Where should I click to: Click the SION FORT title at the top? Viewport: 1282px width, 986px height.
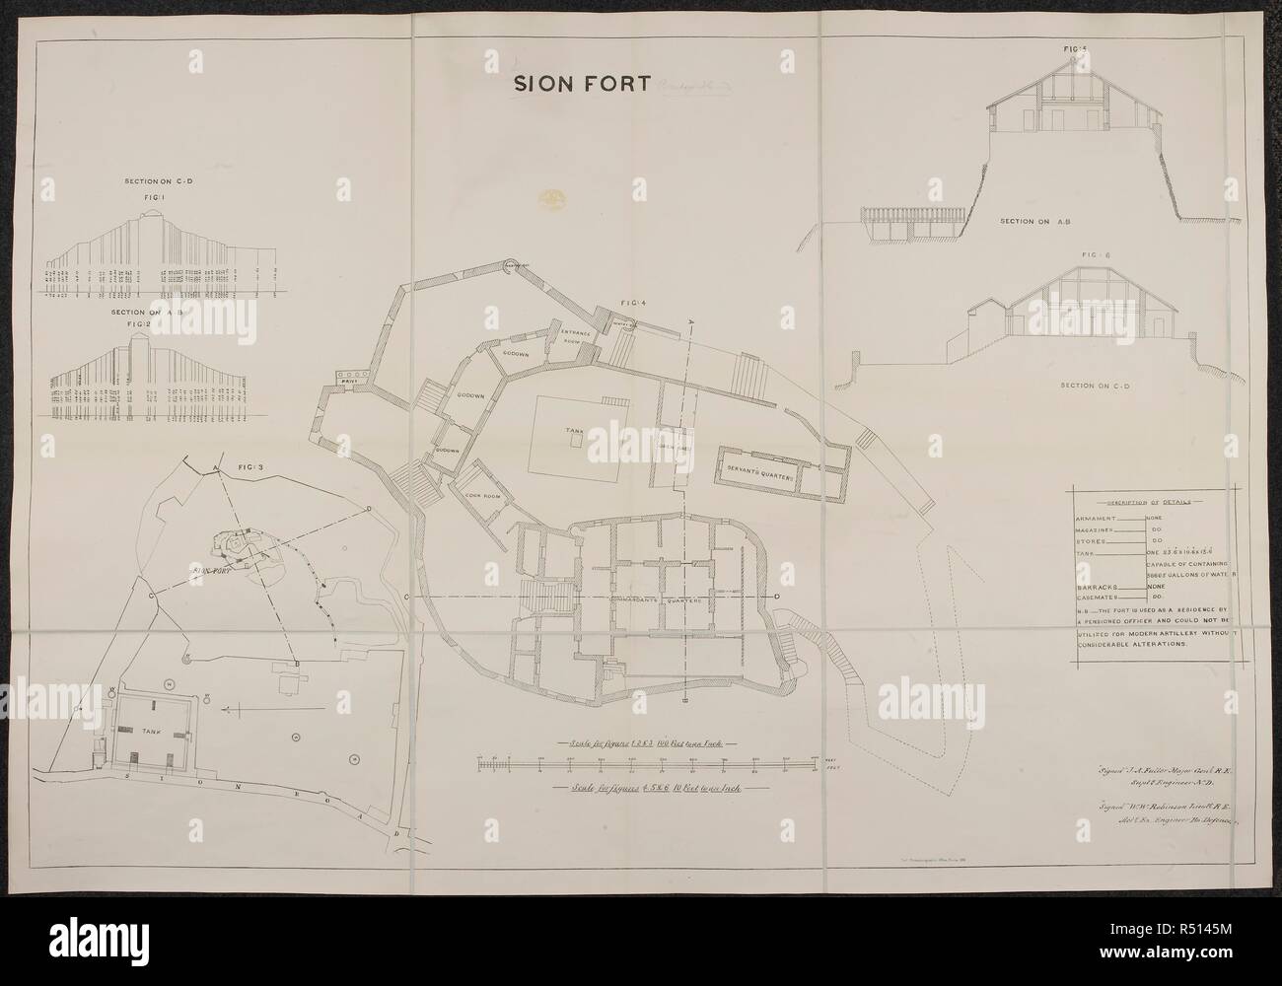pos(580,84)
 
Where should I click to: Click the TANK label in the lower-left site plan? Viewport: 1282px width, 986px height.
pos(125,729)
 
